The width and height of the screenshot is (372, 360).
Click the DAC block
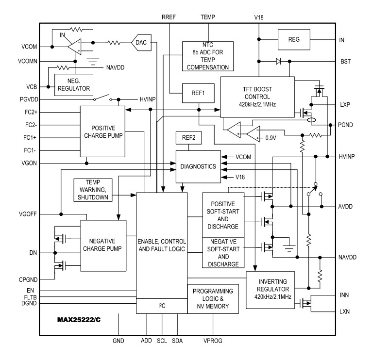point(141,43)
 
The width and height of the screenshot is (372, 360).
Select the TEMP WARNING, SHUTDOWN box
point(92,190)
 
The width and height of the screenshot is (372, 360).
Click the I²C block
point(161,306)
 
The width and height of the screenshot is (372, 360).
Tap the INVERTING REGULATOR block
point(270,290)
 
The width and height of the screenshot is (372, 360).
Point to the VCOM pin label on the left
point(29,47)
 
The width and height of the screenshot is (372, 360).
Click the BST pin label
point(345,62)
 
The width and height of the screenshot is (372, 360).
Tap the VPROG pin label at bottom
point(213,341)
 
